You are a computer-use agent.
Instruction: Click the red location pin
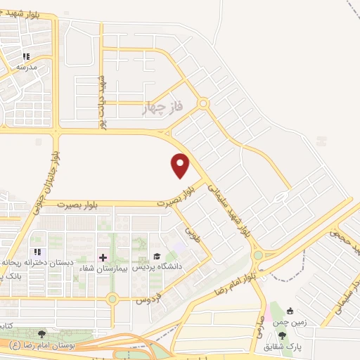click(181, 165)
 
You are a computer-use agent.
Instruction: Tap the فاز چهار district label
click(162, 108)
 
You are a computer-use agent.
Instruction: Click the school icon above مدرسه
click(26, 56)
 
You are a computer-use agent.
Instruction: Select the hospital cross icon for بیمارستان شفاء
click(103, 257)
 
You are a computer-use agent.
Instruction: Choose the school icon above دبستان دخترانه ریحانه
click(38, 251)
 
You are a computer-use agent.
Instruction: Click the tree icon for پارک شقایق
click(283, 335)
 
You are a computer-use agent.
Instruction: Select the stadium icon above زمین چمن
click(289, 311)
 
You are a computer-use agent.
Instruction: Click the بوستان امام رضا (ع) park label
click(39, 345)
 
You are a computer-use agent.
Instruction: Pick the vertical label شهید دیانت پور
click(102, 98)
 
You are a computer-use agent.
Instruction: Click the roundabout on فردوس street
click(112, 300)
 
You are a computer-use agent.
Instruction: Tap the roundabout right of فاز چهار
click(203, 104)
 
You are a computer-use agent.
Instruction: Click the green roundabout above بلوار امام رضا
click(258, 255)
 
